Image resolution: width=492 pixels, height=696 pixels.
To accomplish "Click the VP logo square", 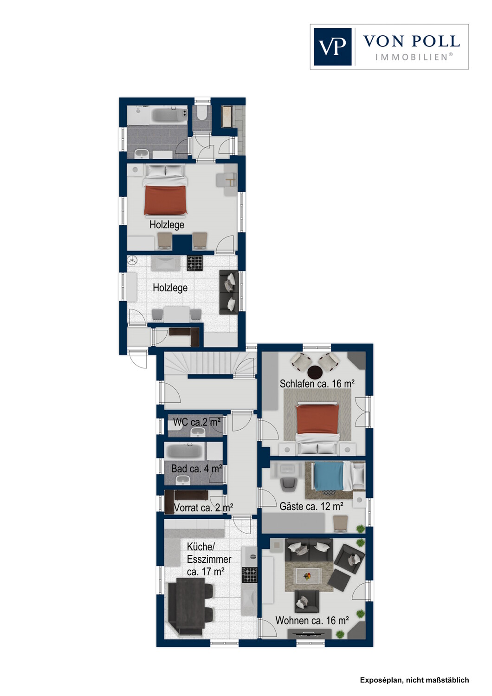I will click(332, 46).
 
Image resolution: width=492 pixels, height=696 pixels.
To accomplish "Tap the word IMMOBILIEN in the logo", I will click(414, 57).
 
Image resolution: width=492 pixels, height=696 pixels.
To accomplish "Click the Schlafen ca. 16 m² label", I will click(317, 384).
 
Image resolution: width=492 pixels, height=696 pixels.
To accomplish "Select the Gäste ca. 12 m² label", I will click(311, 506).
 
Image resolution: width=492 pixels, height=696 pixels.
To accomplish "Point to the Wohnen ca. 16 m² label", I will click(312, 620).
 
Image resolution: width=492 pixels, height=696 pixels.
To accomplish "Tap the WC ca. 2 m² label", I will click(197, 422).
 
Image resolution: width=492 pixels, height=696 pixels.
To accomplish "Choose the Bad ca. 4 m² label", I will click(196, 469).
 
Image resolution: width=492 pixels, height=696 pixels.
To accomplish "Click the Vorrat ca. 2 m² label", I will click(203, 508).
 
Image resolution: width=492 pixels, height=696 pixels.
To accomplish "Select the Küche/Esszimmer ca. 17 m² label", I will click(209, 559).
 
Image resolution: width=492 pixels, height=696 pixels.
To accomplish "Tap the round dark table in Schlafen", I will click(316, 372).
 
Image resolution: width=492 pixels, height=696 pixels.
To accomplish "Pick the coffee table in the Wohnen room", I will click(308, 576).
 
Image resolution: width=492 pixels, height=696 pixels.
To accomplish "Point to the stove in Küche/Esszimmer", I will click(249, 575).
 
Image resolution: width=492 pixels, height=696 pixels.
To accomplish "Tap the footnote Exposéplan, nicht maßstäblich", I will click(414, 680).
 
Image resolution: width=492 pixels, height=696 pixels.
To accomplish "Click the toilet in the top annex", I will click(202, 114).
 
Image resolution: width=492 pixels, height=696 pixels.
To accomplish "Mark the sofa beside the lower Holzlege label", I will click(228, 292).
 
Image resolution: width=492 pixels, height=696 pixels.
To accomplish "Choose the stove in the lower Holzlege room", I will click(195, 263).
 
